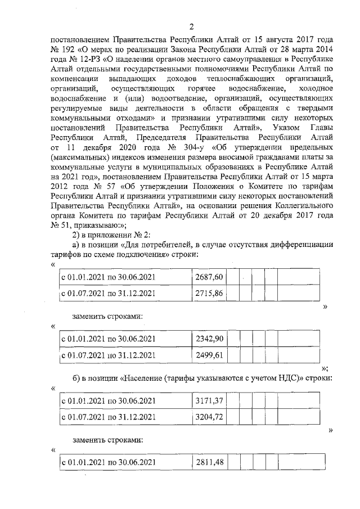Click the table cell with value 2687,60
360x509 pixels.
point(209,277)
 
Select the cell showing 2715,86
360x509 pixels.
point(209,293)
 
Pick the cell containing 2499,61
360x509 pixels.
point(209,355)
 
